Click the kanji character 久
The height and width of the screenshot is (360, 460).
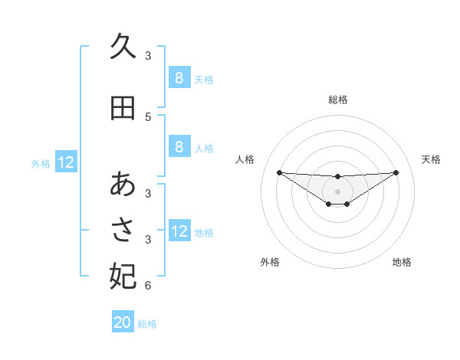pos(123,47)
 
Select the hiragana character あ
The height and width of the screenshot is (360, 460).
pos(123,185)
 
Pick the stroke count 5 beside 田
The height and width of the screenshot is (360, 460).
pos(148,117)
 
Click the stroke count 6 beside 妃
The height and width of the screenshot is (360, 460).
pos(148,286)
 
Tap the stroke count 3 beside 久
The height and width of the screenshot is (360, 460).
pos(148,55)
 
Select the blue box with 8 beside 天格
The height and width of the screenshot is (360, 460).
pos(179,78)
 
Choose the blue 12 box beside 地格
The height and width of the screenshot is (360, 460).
pos(179,231)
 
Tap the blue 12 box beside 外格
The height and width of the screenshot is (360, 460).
pos(66,162)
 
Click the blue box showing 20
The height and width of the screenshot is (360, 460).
pos(123,322)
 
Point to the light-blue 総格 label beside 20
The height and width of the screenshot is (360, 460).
pos(148,324)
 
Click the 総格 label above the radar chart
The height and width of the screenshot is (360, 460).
pos(338,100)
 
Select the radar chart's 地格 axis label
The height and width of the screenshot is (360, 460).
pos(402,262)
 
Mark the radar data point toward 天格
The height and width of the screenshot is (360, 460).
pos(396,172)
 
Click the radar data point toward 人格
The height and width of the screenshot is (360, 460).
pos(279,172)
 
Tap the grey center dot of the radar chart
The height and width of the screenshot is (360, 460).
pos(338,191)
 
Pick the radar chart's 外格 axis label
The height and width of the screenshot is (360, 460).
pos(270,262)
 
